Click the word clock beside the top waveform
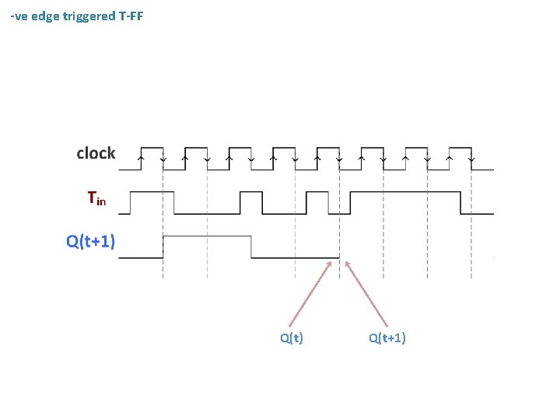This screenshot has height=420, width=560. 96,153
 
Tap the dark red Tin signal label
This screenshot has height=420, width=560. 96,199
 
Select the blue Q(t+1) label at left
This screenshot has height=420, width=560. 90,242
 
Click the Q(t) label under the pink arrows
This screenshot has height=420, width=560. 292,338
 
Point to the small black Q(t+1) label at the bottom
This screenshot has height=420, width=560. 387,338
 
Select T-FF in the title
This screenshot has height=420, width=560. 131,16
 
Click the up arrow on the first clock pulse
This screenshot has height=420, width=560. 140,159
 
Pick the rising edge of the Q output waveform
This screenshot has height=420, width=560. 163,247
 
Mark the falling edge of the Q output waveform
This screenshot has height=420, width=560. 251,247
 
